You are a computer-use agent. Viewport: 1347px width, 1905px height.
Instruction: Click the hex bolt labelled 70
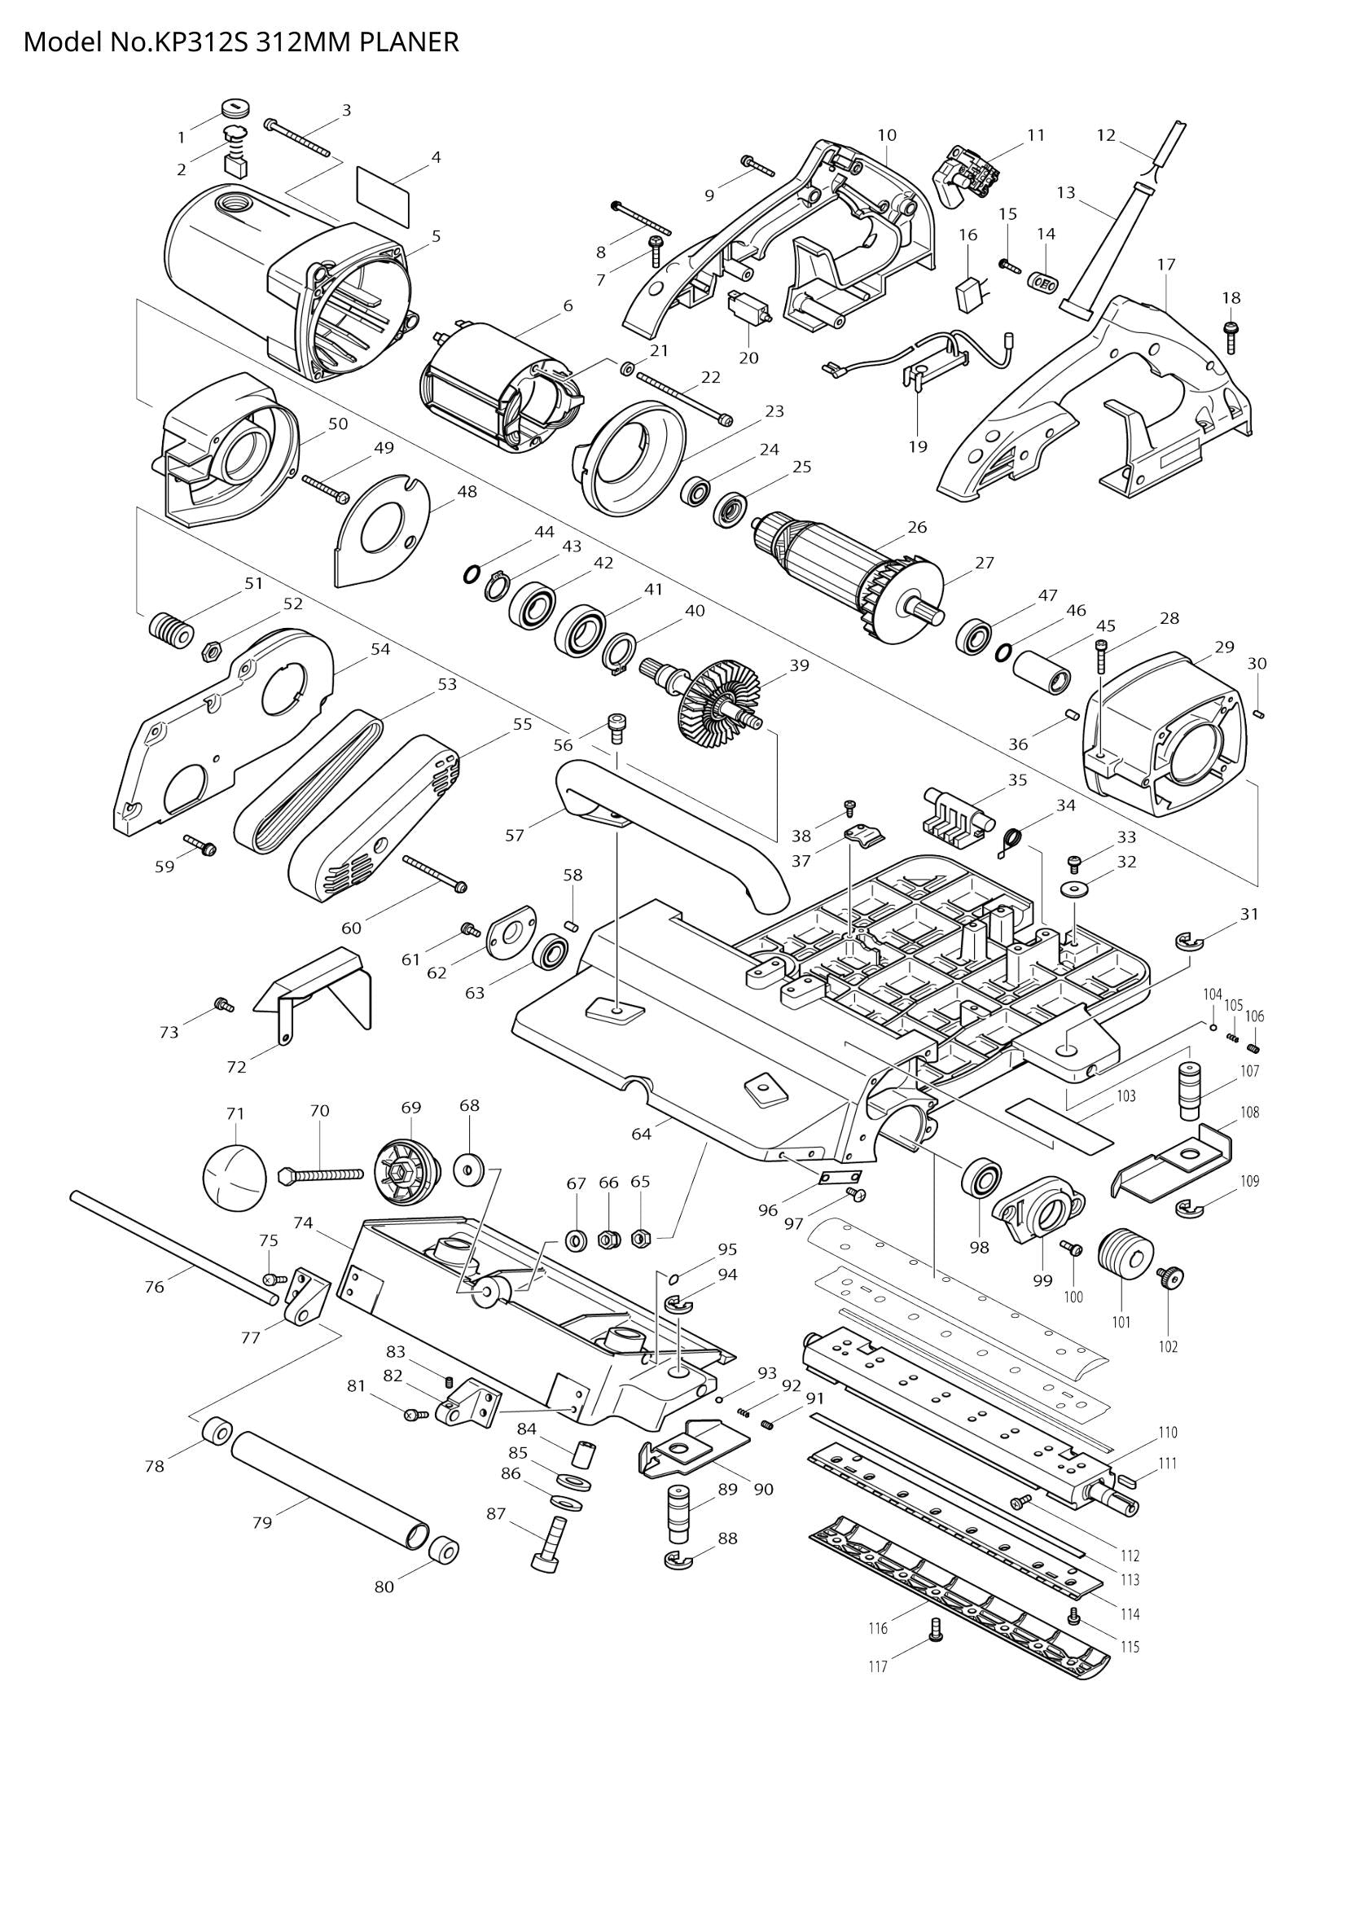point(322,1174)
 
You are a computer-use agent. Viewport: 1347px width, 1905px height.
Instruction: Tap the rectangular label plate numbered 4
point(384,192)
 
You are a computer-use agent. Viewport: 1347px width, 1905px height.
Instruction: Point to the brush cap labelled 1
point(237,108)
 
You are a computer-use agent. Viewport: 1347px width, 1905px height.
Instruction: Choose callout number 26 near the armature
point(916,527)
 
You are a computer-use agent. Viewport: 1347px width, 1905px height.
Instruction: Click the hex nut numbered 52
point(211,650)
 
